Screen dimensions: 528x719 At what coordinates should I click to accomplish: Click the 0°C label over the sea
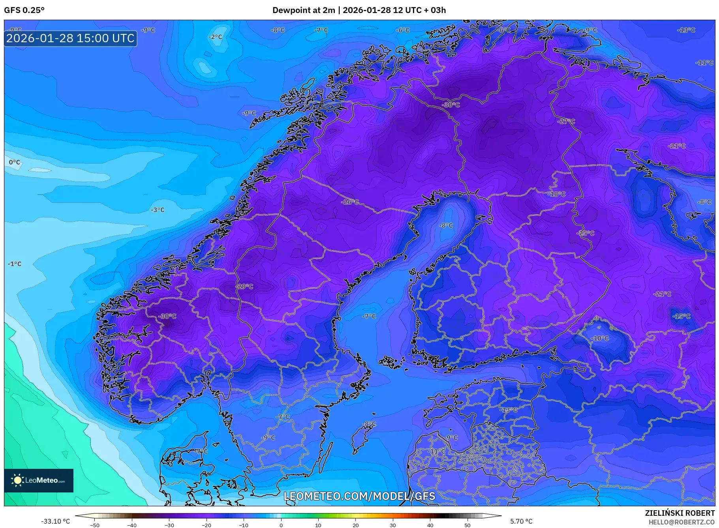[x=15, y=162]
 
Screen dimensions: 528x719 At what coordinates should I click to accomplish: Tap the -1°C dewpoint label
[x=15, y=264]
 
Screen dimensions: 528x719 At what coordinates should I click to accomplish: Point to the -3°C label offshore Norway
[x=158, y=210]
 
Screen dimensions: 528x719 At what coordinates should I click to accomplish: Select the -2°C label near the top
[x=215, y=37]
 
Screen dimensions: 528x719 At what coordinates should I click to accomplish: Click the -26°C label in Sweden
[x=350, y=202]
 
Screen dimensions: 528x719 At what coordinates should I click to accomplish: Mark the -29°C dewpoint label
[x=244, y=286]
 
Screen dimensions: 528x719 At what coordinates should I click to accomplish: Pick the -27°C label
[x=566, y=122]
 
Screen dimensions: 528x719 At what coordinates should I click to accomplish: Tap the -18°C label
[x=556, y=194]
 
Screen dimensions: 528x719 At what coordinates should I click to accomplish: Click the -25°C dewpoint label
[x=585, y=233]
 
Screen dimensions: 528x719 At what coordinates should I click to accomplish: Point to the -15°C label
[x=681, y=316]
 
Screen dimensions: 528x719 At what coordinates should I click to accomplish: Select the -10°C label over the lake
[x=600, y=339]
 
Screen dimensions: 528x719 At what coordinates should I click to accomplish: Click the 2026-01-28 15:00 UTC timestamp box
[x=71, y=38]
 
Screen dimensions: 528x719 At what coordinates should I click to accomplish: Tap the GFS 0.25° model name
[x=24, y=10]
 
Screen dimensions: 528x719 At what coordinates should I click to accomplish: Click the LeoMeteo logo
[x=39, y=480]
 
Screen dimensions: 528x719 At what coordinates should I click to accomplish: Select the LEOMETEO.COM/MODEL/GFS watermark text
[x=359, y=496]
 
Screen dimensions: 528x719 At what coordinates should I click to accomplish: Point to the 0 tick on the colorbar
[x=281, y=525]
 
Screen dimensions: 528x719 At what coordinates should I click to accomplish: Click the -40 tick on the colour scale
[x=132, y=525]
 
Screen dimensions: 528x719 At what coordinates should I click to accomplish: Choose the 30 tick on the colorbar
[x=393, y=525]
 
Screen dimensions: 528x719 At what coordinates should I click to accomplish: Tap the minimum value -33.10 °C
[x=55, y=521]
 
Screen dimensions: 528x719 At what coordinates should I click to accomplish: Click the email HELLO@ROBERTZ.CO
[x=681, y=522]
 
